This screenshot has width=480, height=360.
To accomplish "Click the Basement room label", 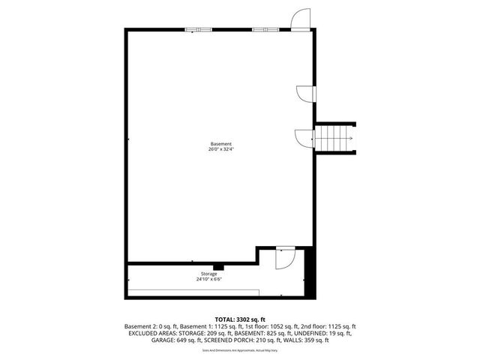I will pyautogui.click(x=220, y=143).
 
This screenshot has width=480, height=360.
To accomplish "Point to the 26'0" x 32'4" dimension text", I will pyautogui.click(x=220, y=148).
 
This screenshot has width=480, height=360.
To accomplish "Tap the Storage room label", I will pyautogui.click(x=209, y=274).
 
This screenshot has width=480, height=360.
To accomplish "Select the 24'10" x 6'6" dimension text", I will pyautogui.click(x=209, y=280).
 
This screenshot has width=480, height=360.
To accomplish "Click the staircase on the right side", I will pyautogui.click(x=334, y=138).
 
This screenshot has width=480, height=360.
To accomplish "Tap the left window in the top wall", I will pyautogui.click(x=199, y=29).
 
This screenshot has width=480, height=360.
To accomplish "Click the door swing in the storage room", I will pyautogui.click(x=285, y=259).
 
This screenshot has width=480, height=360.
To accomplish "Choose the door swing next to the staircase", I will pyautogui.click(x=304, y=138).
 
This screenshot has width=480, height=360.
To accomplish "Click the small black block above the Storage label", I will pyautogui.click(x=218, y=266).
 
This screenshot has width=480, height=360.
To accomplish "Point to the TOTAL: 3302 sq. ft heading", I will pyautogui.click(x=240, y=319).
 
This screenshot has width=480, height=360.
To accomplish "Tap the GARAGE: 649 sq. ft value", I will pyautogui.click(x=149, y=340).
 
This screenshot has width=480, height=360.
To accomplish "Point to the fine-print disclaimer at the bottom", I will pyautogui.click(x=240, y=350).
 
